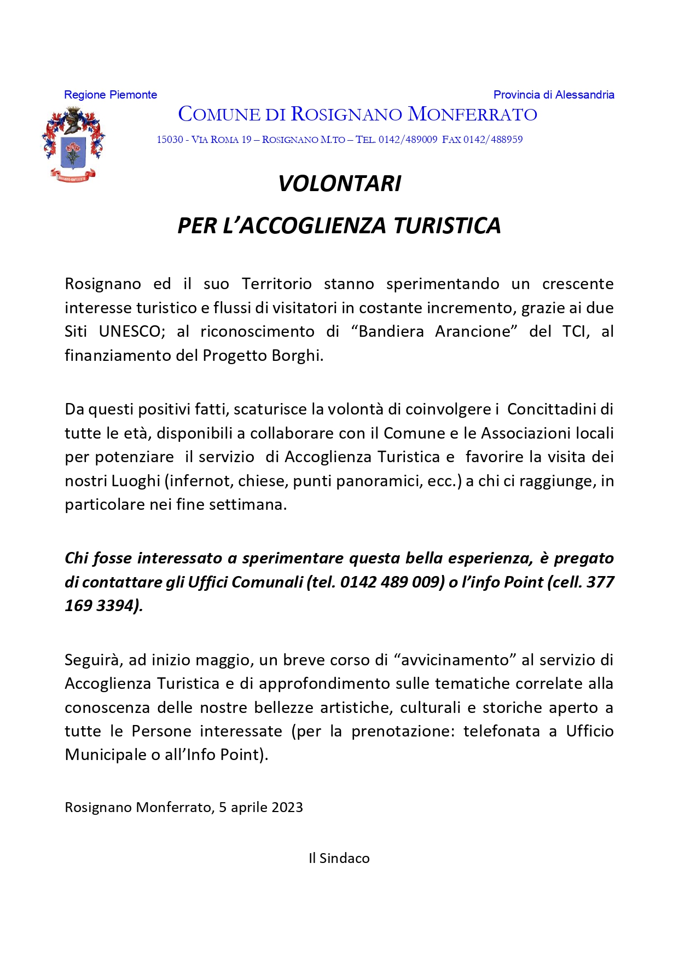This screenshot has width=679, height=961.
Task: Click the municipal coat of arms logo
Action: point(73,144)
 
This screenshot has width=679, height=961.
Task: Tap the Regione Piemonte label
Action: point(111,95)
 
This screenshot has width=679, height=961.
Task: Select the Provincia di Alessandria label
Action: point(554,95)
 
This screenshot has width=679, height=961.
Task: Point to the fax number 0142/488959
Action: point(493,140)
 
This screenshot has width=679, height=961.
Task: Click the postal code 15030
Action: point(170,140)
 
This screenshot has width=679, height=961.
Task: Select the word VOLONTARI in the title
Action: point(339,183)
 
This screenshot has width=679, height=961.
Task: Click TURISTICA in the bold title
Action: point(447,226)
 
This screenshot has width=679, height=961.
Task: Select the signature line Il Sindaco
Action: point(339,858)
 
